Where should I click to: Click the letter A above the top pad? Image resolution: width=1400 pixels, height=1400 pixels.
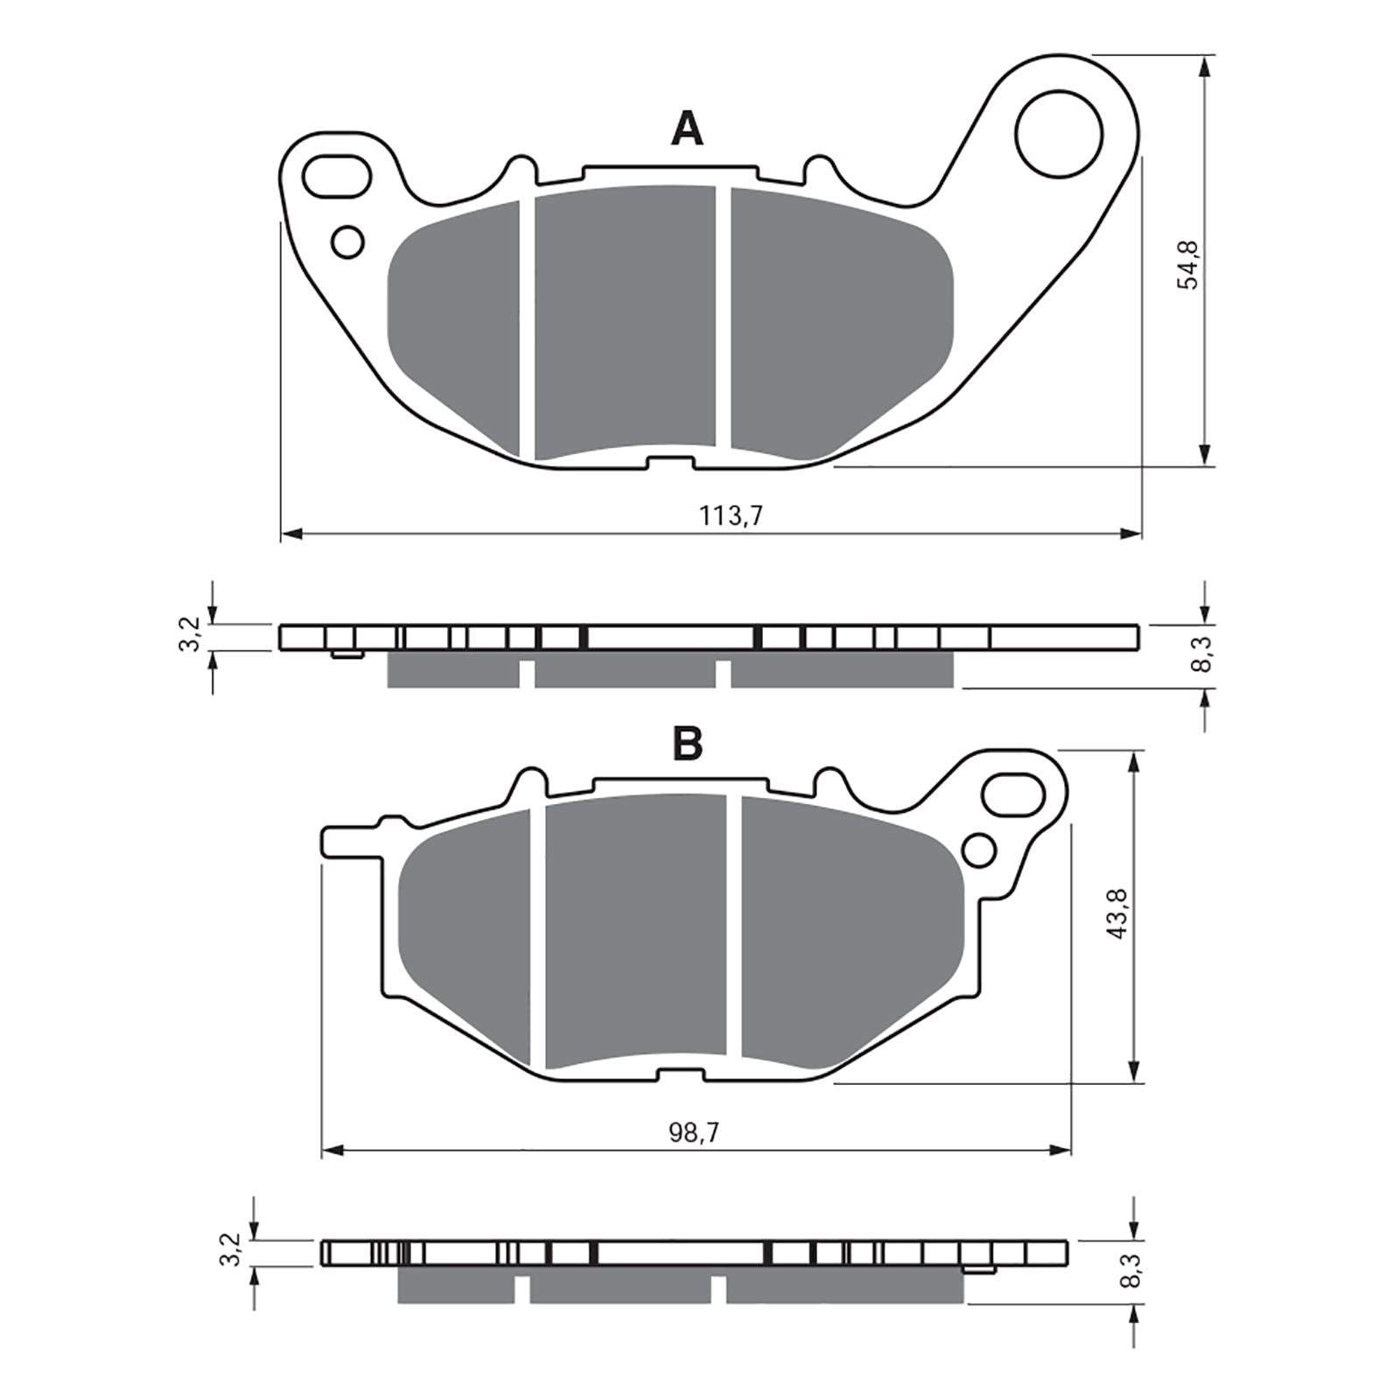687,129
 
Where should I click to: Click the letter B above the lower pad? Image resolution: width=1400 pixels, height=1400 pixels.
687,745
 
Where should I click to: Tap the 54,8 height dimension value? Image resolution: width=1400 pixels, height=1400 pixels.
1190,264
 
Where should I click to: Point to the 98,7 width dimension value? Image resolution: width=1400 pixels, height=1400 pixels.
694,1133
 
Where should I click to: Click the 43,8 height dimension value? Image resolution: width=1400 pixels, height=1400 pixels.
1119,914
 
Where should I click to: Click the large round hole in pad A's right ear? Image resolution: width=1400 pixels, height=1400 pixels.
1057,133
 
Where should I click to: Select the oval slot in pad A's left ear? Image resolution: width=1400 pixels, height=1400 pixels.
336,175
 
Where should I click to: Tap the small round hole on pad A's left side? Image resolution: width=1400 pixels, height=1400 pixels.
348,241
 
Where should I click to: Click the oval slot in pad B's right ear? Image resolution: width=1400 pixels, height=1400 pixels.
1013,794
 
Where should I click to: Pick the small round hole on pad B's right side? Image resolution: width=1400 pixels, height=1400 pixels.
978,850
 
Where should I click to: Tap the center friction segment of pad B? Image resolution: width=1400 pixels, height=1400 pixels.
635,927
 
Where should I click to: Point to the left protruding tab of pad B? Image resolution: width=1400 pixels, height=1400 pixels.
350,841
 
